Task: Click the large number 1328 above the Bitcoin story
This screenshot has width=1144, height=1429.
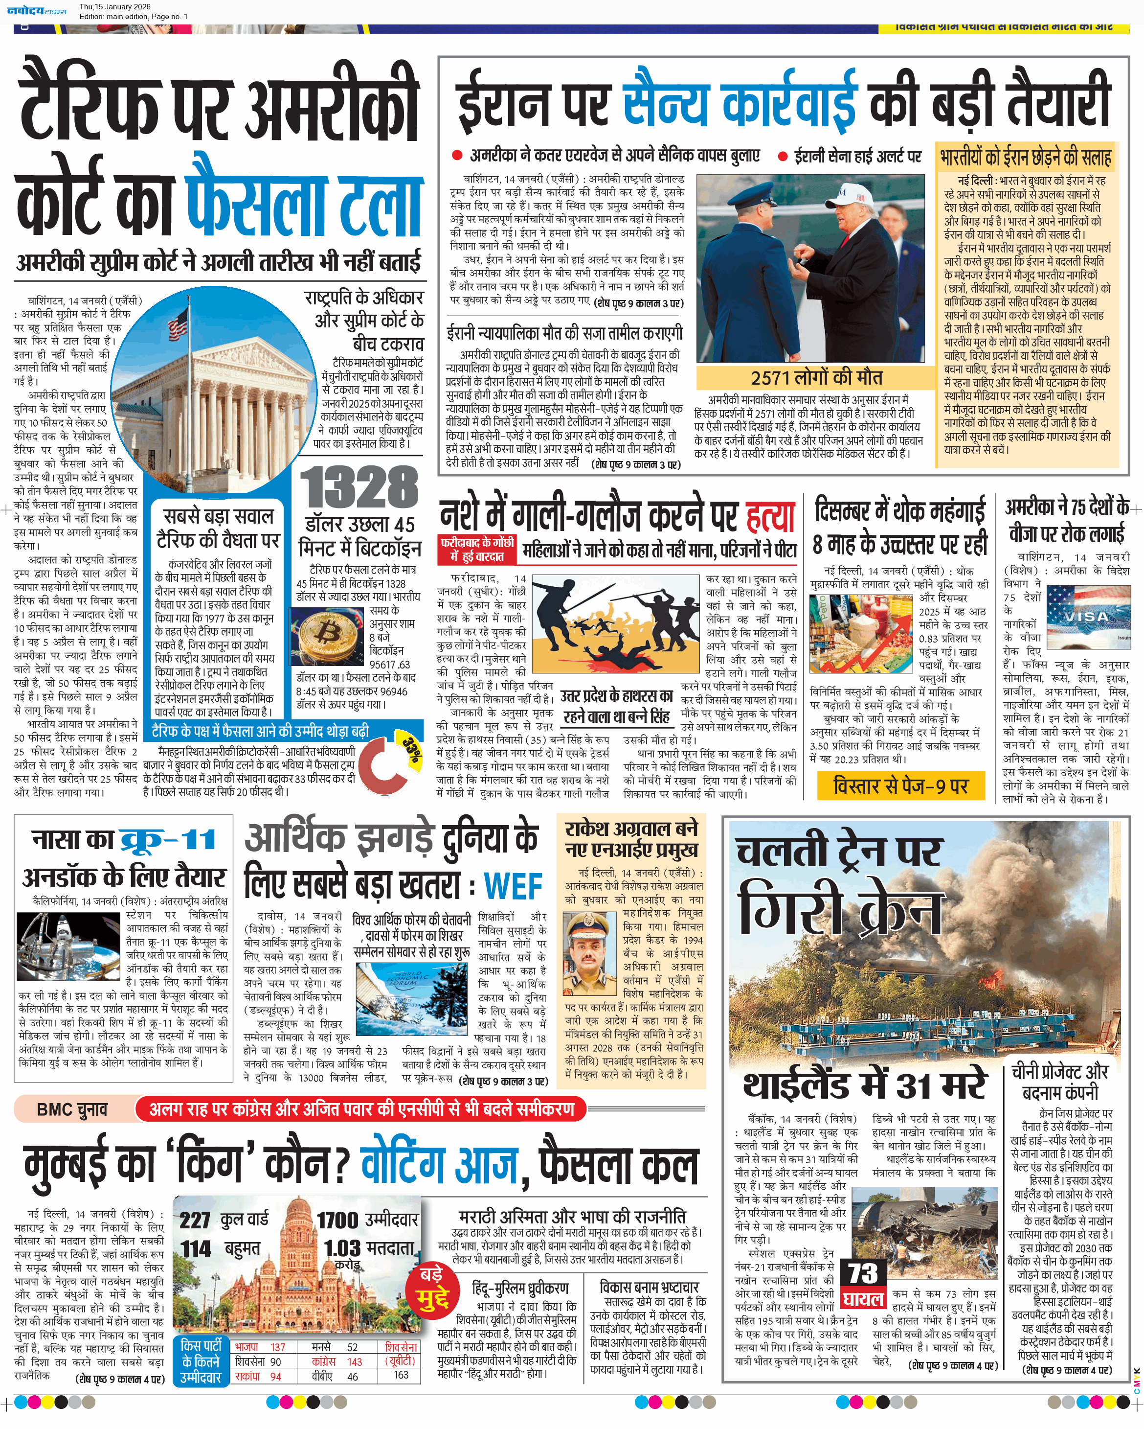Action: click(359, 487)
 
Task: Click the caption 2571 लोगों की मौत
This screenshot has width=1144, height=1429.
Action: click(816, 378)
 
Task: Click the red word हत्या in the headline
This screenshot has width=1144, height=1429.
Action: click(770, 516)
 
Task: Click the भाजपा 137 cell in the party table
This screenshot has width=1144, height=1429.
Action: click(260, 1347)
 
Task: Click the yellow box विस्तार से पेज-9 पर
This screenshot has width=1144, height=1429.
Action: click(900, 786)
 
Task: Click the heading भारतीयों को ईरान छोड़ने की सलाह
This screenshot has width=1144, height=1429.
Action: click(1026, 158)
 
